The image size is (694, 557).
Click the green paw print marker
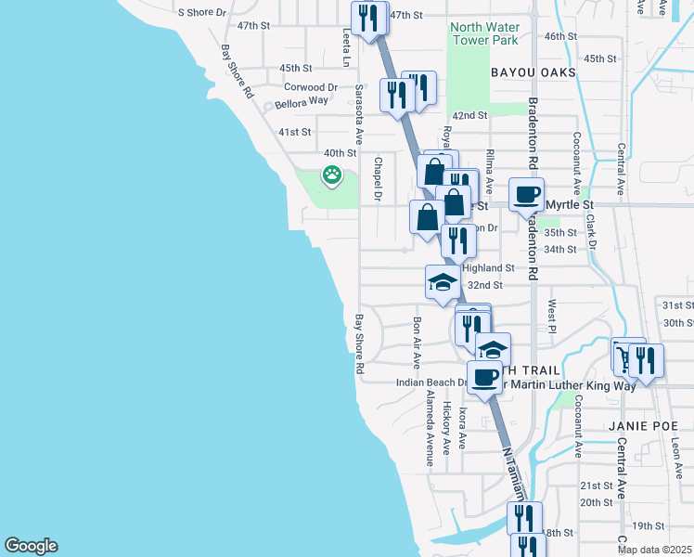pyautogui.click(x=330, y=174)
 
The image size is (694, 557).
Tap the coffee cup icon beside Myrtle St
pyautogui.click(x=526, y=195)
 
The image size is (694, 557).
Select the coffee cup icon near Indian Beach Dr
pyautogui.click(x=483, y=377)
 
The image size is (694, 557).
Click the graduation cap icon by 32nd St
pyautogui.click(x=443, y=282)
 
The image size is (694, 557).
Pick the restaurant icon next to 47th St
pyautogui.click(x=369, y=19)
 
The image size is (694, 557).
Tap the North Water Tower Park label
pyautogui.click(x=483, y=33)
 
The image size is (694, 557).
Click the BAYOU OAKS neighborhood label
pyautogui.click(x=533, y=71)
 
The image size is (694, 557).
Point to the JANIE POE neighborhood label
pyautogui.click(x=640, y=425)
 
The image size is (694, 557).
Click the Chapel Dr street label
pyautogui.click(x=378, y=178)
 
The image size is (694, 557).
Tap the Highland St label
pyautogui.click(x=496, y=266)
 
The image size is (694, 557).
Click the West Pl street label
pyautogui.click(x=551, y=317)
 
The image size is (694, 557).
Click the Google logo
pyautogui.click(x=31, y=546)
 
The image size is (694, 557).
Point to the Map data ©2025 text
pyautogui.click(x=653, y=550)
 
